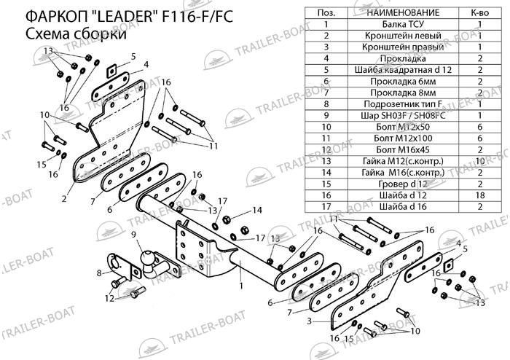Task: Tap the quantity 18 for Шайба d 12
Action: point(481,195)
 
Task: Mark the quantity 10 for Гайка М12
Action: point(481,160)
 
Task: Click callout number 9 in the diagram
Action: point(133,234)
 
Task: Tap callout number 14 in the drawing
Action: point(256,211)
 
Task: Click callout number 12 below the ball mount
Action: point(108,297)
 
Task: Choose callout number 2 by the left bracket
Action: point(65,197)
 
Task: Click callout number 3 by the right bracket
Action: point(309,321)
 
